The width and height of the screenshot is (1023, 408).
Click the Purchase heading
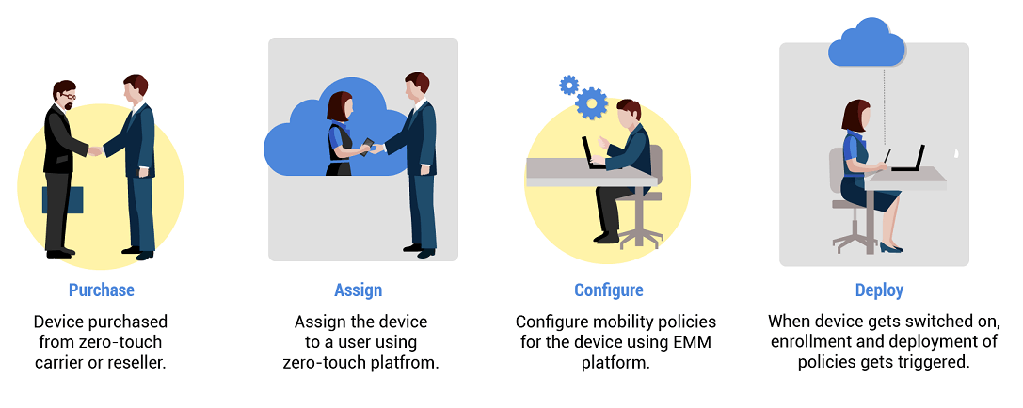click(x=102, y=290)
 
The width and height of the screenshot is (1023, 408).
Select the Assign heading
click(x=359, y=290)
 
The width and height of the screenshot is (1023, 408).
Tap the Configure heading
click(x=609, y=290)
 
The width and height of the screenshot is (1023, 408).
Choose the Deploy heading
click(x=880, y=290)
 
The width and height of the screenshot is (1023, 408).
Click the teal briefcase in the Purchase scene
click(x=63, y=199)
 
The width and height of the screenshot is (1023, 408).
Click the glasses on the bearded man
click(x=67, y=95)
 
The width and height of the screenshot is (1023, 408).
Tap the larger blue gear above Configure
click(x=591, y=102)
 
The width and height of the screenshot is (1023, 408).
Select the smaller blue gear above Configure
click(x=568, y=86)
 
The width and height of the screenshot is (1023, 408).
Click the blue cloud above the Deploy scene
click(x=867, y=43)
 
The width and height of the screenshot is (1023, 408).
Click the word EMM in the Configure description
click(x=695, y=342)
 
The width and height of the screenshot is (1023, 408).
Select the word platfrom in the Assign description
click(x=408, y=362)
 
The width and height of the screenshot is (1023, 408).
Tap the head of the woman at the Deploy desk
click(x=855, y=116)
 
